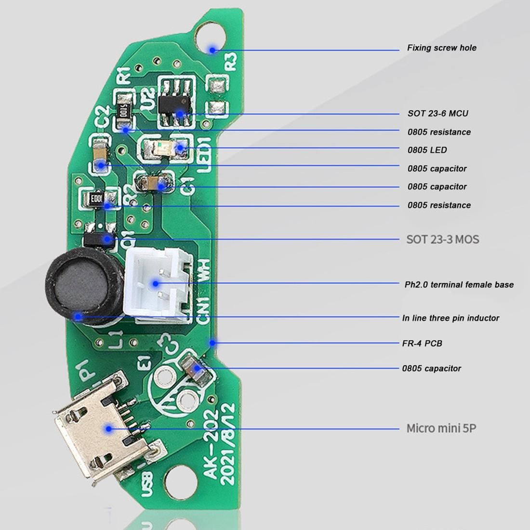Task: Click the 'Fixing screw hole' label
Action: [441, 48]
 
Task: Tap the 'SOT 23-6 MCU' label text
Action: [437, 114]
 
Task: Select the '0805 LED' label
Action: [427, 150]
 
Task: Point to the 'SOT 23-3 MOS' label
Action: [442, 239]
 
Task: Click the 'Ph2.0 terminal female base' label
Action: [459, 285]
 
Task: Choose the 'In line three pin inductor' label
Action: [450, 318]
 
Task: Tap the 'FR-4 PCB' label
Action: [422, 344]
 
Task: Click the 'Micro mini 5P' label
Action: [441, 428]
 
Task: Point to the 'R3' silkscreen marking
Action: [232, 61]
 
